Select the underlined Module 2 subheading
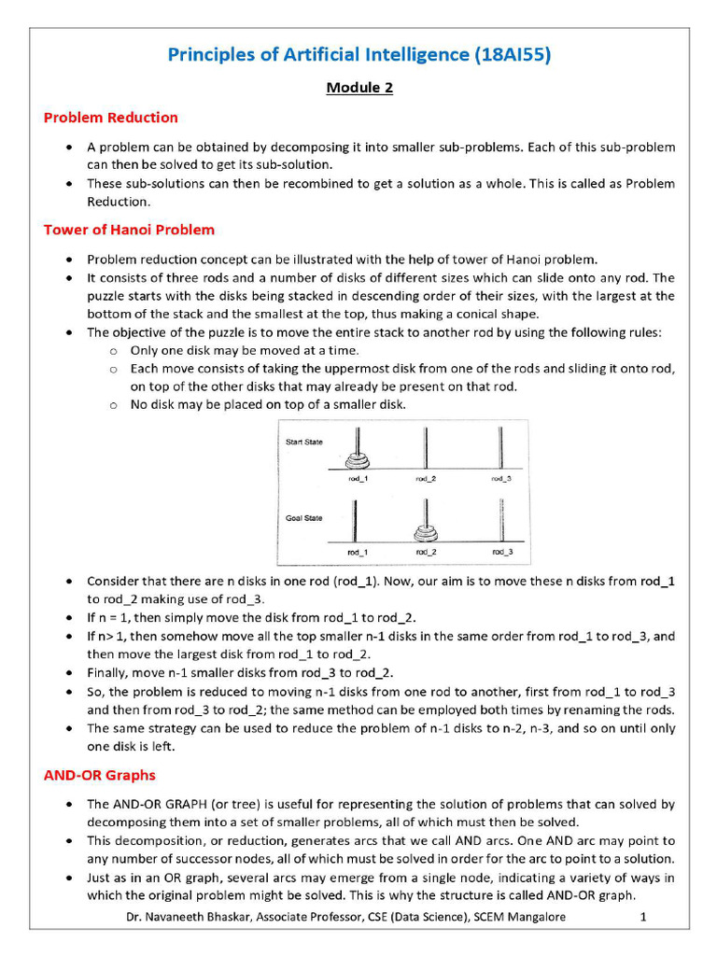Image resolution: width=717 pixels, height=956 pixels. coord(359,88)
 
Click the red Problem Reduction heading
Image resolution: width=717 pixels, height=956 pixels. coord(110,118)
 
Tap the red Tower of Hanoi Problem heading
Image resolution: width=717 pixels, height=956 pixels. coord(129,230)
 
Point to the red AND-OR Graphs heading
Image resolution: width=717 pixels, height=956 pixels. coord(100,775)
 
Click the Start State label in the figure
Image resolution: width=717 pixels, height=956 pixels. coord(304,442)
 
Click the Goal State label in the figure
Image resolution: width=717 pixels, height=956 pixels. coord(303,517)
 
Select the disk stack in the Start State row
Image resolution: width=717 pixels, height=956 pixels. coord(355,459)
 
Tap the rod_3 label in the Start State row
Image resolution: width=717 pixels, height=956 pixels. coord(501,478)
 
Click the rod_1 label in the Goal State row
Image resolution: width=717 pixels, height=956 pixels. coord(356,553)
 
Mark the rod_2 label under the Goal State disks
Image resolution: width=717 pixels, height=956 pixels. coord(427,553)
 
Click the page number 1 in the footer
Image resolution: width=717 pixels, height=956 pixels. coord(643,918)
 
